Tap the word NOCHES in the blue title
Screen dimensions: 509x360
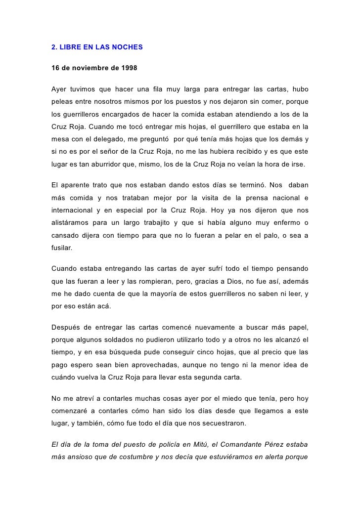(127, 47)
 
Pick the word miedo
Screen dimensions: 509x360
(201, 401)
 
